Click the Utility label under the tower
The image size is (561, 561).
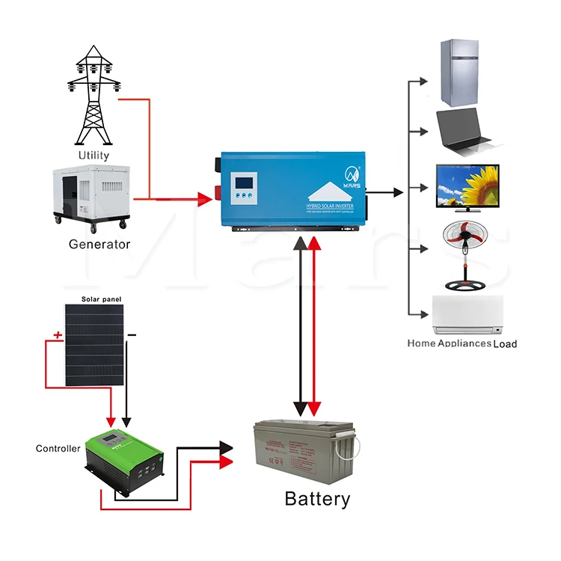click(93, 156)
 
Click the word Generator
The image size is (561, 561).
click(99, 244)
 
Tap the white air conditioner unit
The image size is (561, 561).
click(468, 315)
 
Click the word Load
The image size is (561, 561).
click(505, 344)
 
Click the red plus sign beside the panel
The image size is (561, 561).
click(57, 335)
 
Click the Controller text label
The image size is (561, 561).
click(58, 449)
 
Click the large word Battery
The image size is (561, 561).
click(317, 499)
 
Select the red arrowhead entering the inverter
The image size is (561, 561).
click(205, 199)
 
